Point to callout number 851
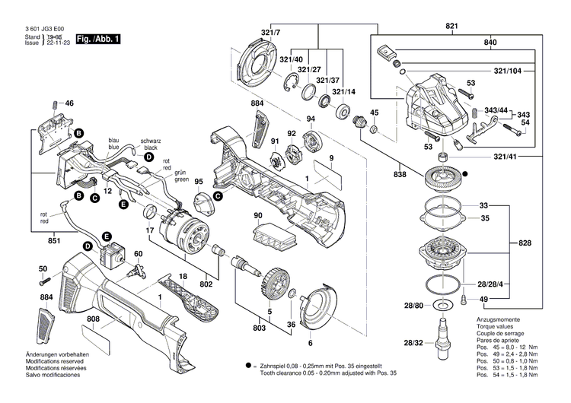(33, 240)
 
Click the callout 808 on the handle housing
(93, 321)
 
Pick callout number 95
(199, 182)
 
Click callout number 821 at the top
(453, 27)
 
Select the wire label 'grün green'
(181, 176)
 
